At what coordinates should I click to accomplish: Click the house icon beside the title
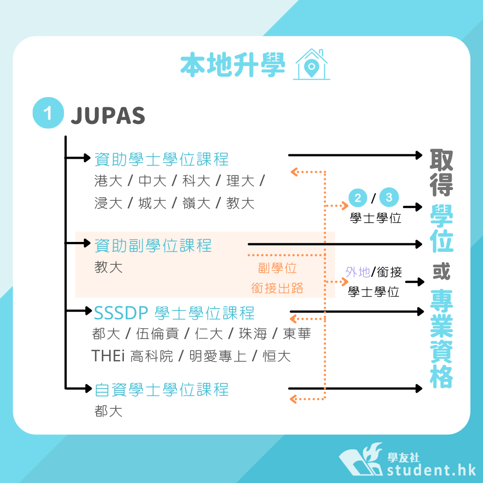311,64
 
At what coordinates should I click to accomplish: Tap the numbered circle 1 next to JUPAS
48,113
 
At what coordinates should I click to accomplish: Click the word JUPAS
108,115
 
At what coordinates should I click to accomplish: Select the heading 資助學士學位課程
161,159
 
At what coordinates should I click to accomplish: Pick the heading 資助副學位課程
153,246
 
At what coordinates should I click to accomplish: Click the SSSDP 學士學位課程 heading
174,313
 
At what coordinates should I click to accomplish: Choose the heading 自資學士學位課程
161,390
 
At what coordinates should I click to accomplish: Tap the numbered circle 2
358,198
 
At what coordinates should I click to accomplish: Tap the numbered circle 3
389,197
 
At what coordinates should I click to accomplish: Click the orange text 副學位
277,268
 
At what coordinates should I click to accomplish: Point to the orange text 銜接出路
277,288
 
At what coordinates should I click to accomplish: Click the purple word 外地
358,272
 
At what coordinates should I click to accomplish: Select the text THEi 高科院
132,356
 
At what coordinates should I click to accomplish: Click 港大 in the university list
108,181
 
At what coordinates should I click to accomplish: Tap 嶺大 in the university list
196,203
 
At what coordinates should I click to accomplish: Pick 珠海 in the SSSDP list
253,334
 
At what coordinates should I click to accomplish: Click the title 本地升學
233,64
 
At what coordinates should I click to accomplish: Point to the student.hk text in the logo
432,470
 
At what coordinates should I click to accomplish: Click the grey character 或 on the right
441,271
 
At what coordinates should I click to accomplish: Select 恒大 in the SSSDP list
277,356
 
